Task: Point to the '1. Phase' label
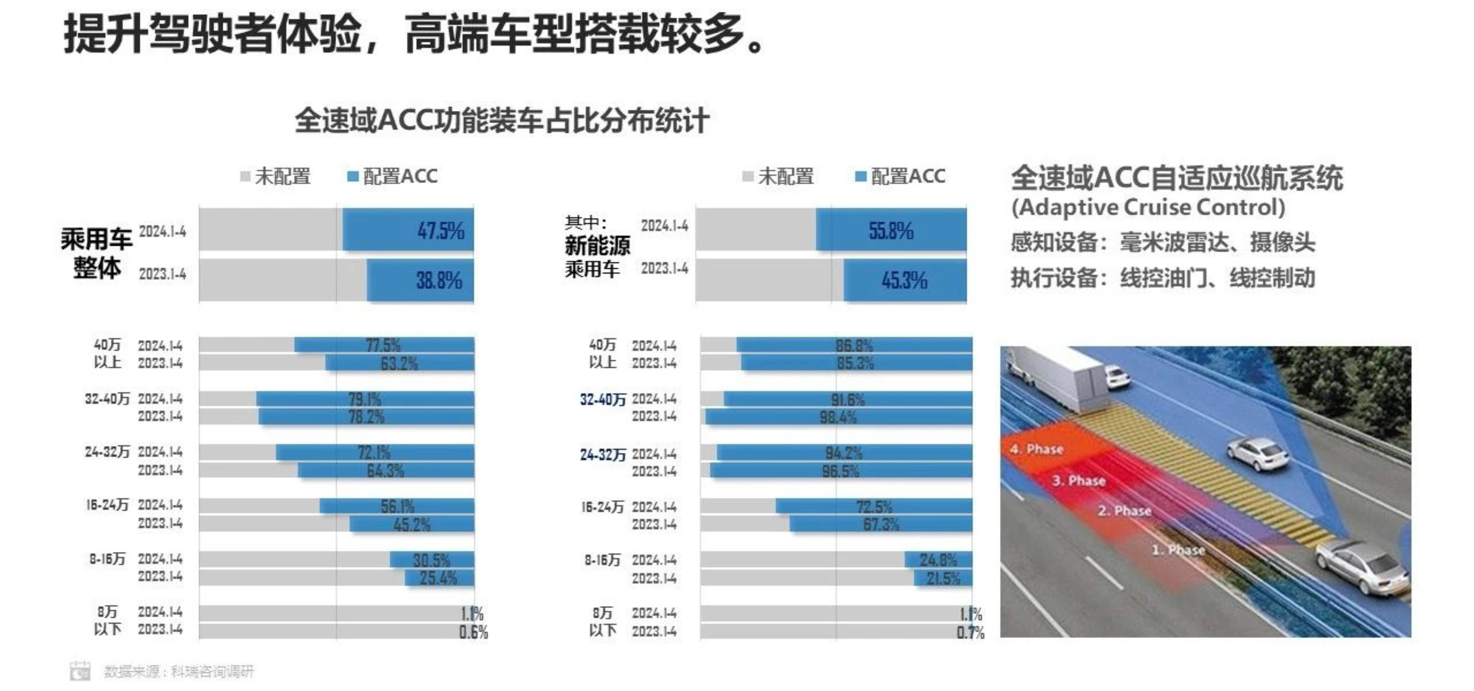pos(1178,550)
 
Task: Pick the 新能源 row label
pos(597,246)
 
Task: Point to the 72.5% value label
pos(874,506)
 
